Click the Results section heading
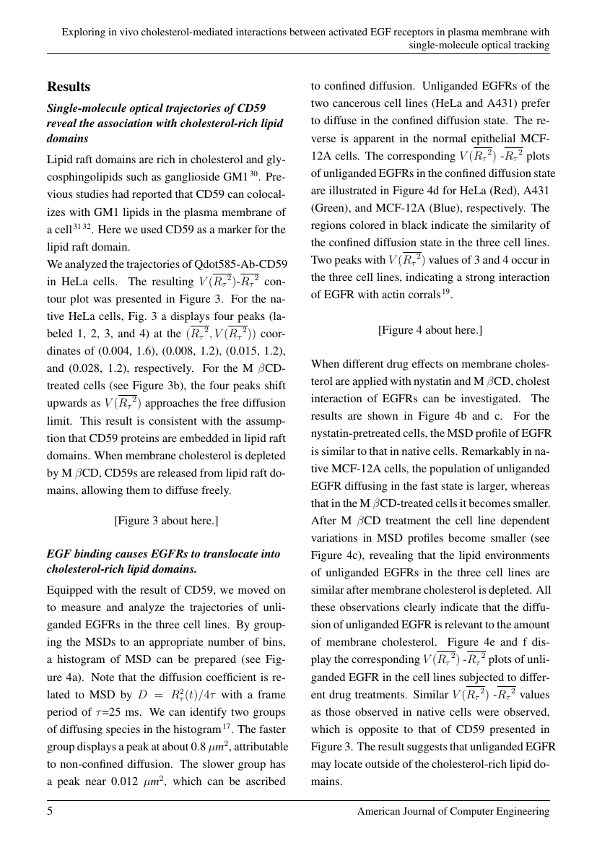[x=69, y=87]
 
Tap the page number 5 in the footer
[x=51, y=812]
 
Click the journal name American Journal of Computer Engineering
[x=453, y=812]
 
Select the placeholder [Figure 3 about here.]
[x=166, y=520]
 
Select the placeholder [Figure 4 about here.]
[x=430, y=330]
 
